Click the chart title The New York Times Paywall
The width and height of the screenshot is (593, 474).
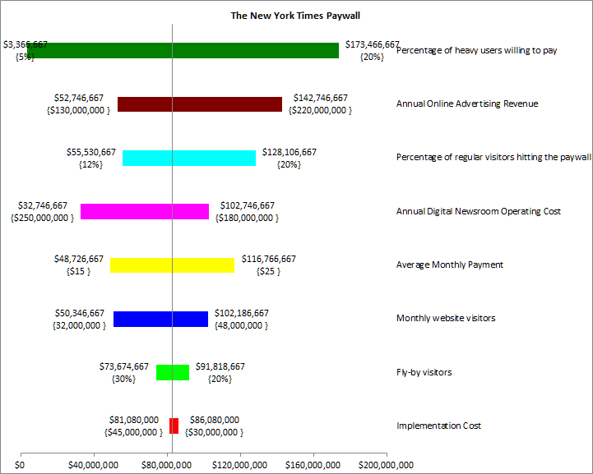pyautogui.click(x=295, y=15)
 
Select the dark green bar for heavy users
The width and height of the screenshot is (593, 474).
pyautogui.click(x=183, y=50)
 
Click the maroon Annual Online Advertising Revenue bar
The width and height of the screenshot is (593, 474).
pyautogui.click(x=200, y=104)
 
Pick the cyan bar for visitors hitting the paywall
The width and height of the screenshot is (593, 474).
pyautogui.click(x=189, y=158)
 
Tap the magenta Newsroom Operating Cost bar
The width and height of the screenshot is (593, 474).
pyautogui.click(x=145, y=211)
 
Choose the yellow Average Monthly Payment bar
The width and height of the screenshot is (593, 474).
pyautogui.click(x=172, y=265)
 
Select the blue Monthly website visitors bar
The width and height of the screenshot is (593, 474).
pyautogui.click(x=160, y=319)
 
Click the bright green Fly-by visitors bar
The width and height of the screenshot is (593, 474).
pyautogui.click(x=173, y=372)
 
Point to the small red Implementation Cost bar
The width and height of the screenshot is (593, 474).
pyautogui.click(x=174, y=426)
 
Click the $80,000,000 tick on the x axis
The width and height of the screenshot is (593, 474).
pyautogui.click(x=168, y=465)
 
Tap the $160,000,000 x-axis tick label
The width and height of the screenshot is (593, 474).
pyautogui.click(x=313, y=465)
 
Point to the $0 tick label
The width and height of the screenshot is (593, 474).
pyautogui.click(x=21, y=465)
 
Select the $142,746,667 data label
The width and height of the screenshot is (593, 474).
pyautogui.click(x=320, y=98)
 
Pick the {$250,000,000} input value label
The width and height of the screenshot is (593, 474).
pyautogui.click(x=41, y=218)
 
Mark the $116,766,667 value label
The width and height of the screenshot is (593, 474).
pyautogui.click(x=269, y=259)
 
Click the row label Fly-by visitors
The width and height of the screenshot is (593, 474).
pyautogui.click(x=424, y=372)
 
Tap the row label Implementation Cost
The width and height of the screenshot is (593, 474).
pyautogui.click(x=438, y=426)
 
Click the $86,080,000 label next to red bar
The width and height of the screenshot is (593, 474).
pyautogui.click(x=214, y=420)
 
